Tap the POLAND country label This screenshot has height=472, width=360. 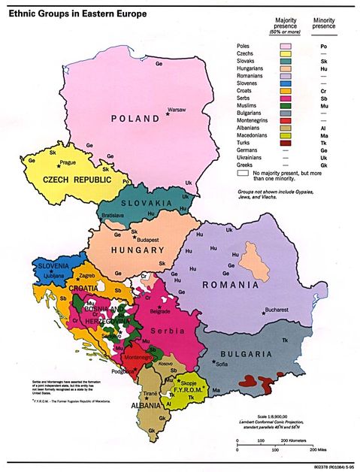click(135, 118)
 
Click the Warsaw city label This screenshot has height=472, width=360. click(176, 109)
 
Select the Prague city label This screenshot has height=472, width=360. click(68, 162)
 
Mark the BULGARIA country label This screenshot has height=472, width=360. click(255, 353)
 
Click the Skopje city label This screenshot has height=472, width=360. click(188, 383)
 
